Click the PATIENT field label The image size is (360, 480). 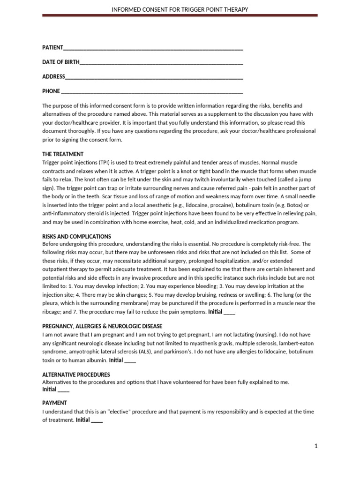click(52, 48)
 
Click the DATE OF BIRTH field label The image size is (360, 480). click(60, 62)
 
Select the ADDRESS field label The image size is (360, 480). click(53, 76)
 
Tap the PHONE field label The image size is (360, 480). click(51, 91)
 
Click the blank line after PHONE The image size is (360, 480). click(152, 92)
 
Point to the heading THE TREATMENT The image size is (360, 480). click(63, 154)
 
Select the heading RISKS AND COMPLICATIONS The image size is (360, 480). click(76, 236)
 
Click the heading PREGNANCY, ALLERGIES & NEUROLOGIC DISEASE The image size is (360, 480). click(102, 326)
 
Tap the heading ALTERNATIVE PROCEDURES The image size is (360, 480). click(76, 375)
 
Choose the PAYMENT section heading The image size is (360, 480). click(54, 403)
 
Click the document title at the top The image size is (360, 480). click(180, 9)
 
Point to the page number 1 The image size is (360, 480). click(316, 446)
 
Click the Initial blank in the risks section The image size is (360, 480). click(230, 312)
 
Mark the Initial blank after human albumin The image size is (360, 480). click(130, 361)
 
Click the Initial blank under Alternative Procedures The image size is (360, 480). click(63, 390)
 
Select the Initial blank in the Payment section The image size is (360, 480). click(97, 420)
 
